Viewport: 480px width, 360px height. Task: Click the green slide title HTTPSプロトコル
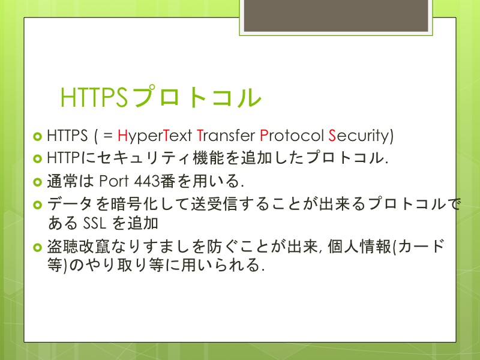tap(161, 97)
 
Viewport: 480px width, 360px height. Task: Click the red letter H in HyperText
tap(122, 136)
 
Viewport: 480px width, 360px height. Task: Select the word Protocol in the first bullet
tap(292, 136)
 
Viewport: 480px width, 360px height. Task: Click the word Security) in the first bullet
tap(361, 136)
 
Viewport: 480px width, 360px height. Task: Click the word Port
tap(114, 181)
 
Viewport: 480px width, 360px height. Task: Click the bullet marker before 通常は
tap(37, 182)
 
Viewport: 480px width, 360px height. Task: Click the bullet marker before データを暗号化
tap(37, 205)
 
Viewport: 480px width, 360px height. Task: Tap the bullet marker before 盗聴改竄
tap(37, 247)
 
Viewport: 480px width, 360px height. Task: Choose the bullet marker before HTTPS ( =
tap(37, 136)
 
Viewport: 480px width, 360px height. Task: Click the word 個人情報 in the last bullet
tap(359, 247)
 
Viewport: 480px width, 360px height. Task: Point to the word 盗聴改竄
tap(79, 247)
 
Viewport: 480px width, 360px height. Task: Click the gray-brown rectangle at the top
tap(336, 16)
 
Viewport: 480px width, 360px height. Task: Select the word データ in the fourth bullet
tap(70, 204)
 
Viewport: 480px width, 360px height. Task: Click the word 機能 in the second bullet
tap(208, 158)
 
